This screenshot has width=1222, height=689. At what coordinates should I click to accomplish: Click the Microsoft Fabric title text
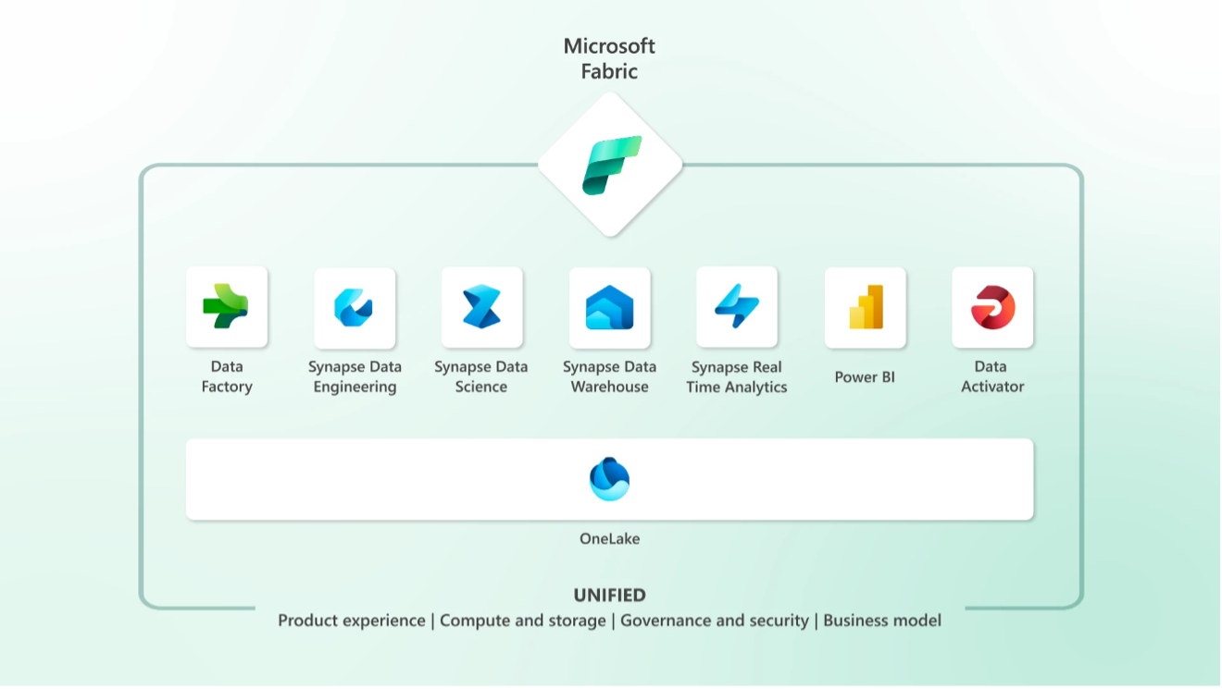(609, 59)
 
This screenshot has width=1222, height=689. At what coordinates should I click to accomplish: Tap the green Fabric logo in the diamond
(612, 166)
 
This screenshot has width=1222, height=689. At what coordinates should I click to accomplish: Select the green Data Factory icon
(226, 306)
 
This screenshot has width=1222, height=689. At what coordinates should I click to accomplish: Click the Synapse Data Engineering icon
(354, 307)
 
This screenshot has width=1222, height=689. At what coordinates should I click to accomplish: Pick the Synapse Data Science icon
(481, 307)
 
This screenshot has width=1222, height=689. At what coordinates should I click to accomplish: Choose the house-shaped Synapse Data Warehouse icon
(609, 308)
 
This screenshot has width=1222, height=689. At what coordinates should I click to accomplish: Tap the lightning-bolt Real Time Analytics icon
(737, 306)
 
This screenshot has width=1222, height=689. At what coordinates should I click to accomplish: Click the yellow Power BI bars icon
(866, 307)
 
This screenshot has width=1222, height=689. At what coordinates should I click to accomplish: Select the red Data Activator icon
(992, 307)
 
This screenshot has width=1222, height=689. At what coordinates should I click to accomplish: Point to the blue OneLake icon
(609, 479)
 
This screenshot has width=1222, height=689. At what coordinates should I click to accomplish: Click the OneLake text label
(609, 538)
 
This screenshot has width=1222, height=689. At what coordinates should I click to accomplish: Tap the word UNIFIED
(609, 595)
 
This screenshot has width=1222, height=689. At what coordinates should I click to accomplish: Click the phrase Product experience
(352, 621)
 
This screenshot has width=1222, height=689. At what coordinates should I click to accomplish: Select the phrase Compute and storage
(523, 621)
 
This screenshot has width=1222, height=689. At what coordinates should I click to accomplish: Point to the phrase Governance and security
(715, 621)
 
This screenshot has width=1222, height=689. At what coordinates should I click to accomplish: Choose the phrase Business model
(882, 621)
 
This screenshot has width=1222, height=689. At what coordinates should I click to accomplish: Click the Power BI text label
(865, 376)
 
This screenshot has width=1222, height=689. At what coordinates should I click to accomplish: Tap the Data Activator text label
(992, 376)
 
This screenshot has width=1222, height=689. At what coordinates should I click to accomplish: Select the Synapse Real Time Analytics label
(737, 376)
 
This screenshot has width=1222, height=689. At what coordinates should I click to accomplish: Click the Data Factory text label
(227, 376)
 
